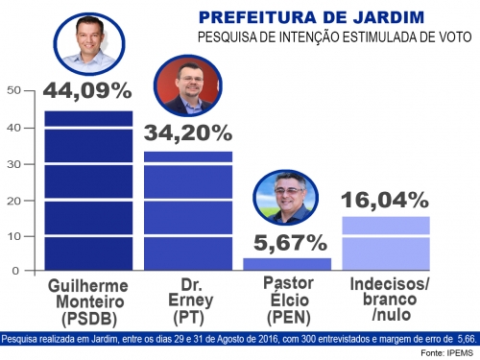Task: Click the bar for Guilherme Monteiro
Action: (x=88, y=191)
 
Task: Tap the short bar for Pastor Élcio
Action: (x=286, y=264)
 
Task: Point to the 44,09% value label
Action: (x=87, y=93)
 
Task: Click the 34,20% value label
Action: (x=187, y=133)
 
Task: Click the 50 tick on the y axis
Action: (x=12, y=91)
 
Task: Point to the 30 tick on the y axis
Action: (x=12, y=163)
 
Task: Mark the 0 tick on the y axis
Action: (x=16, y=271)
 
